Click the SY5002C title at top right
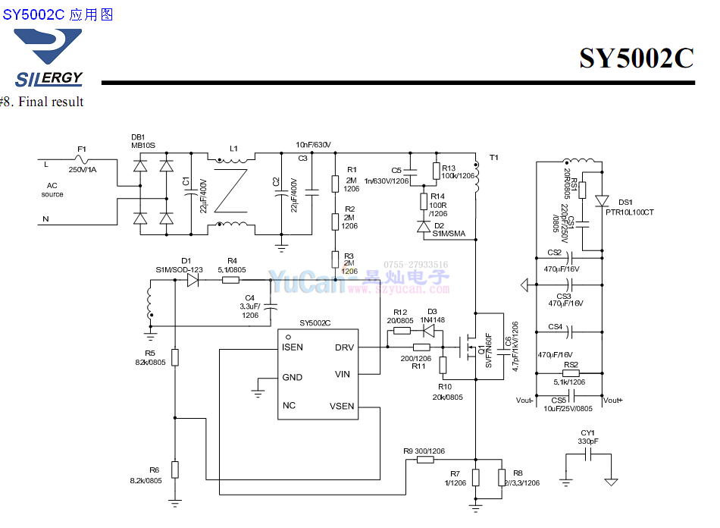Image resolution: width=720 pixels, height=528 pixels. (636, 58)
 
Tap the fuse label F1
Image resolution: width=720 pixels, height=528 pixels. (82, 149)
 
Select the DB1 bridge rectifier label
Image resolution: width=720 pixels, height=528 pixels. (139, 137)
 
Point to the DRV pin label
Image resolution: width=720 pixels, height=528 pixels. (343, 347)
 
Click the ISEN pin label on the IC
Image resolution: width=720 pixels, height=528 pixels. (293, 347)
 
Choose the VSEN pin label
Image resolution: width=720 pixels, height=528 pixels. (342, 406)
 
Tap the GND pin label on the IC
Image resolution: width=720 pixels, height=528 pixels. (292, 377)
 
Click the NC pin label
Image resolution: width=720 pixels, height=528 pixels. (289, 406)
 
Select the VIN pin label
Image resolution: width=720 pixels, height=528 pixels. (343, 374)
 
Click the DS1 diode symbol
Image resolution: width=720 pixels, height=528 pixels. (602, 201)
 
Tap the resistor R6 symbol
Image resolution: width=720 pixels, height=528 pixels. (175, 470)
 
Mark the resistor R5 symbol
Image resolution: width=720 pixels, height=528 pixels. (175, 357)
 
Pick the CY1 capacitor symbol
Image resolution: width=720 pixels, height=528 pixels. (588, 454)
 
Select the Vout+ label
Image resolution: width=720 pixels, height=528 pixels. (613, 400)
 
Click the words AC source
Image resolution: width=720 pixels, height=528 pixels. (52, 190)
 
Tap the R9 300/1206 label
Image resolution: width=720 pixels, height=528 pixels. (424, 451)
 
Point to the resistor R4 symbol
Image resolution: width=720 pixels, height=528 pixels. (231, 280)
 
